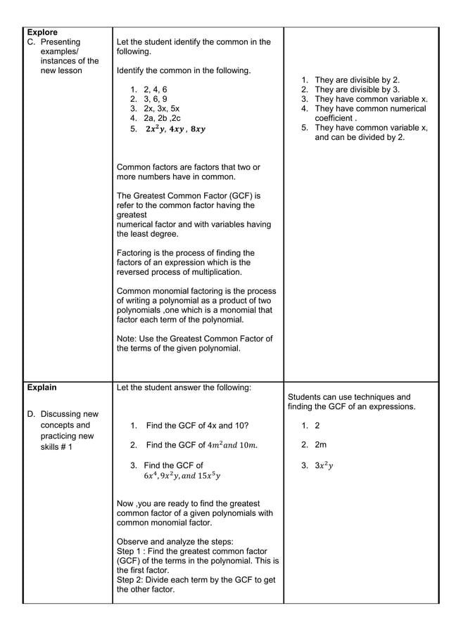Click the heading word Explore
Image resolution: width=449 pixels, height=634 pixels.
coord(42,32)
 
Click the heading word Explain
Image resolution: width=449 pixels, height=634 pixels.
coord(42,387)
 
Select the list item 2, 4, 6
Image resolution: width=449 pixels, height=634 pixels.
coord(155,90)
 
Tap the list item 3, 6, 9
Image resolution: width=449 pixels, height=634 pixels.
coord(155,100)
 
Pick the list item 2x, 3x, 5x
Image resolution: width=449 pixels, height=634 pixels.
coord(161,110)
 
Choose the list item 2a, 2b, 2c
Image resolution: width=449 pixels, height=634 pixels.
coord(162,119)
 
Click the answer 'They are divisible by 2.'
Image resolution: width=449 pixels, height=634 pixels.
coord(357,80)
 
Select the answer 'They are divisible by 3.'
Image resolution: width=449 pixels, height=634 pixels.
coord(357,90)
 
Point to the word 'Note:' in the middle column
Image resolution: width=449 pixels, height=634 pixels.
coord(127,339)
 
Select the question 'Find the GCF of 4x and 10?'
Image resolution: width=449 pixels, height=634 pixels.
coord(196,426)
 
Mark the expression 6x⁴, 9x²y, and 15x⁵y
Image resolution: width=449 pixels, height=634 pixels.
coord(182,476)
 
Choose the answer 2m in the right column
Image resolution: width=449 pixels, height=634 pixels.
coord(320,445)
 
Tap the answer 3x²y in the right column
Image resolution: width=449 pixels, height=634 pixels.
coord(324,465)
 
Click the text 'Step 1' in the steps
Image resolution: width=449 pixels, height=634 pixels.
coord(130,552)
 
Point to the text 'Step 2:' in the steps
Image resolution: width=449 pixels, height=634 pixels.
coord(132,580)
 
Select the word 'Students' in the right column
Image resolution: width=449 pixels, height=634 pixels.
coord(306,397)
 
